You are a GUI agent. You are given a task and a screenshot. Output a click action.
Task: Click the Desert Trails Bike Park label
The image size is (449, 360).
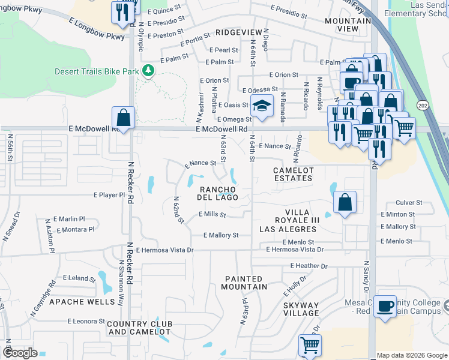pos(97,71)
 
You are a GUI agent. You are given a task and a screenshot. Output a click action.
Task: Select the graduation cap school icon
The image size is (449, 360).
pos(261,106)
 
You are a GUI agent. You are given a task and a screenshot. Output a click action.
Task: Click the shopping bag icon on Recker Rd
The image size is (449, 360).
pos(122,117)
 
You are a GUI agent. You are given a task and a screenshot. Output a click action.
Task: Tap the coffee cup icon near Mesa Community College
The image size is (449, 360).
pos(385,306)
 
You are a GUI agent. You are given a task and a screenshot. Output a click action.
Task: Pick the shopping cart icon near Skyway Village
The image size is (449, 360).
pos(310,344)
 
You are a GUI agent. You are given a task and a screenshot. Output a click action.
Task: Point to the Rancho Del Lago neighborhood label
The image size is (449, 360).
pos(218,193)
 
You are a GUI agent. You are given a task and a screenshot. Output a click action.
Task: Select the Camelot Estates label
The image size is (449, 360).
pos(294,174)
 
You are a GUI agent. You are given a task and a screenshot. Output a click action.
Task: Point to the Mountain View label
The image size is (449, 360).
pos(348,21)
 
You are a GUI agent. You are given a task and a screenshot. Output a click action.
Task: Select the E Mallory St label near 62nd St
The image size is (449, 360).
pos(221,235)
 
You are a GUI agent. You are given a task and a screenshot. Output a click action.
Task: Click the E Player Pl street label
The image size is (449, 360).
pos(109,195)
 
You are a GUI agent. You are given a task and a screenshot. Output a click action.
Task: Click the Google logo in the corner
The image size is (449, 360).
pos(20,353)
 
